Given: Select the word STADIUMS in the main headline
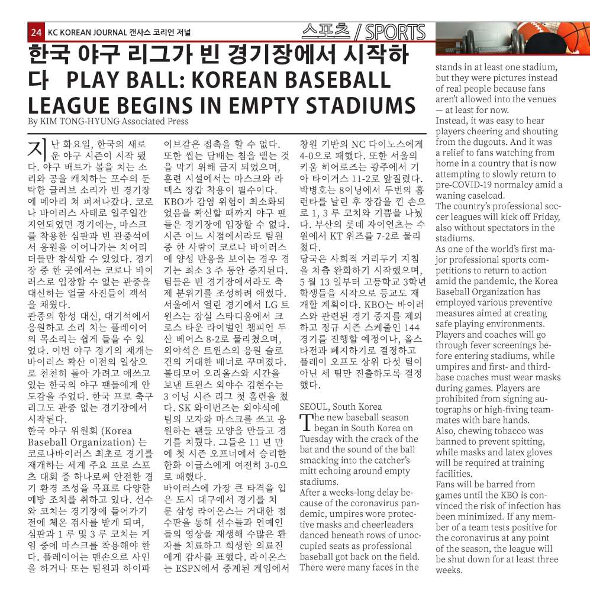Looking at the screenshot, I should pos(362,105).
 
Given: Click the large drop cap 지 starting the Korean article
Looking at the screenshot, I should pos(38,149).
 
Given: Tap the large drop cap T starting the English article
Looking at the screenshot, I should pos(306,422).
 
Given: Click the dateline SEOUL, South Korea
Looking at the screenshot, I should pos(340,406).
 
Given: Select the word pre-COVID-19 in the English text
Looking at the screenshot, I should pos(465,185).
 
